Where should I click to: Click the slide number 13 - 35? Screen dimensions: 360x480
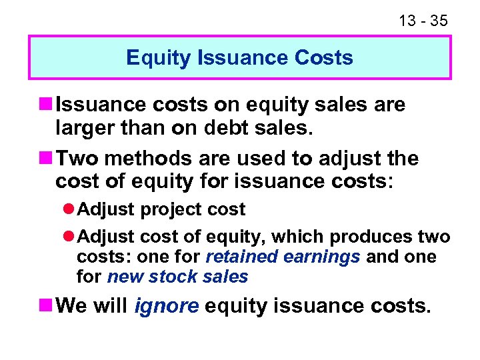click(423, 21)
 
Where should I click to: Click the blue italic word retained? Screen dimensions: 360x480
click(239, 257)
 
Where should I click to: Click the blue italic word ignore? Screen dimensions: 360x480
click(166, 306)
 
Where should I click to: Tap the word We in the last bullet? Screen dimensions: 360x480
click(73, 306)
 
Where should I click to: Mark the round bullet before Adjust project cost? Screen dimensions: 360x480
click(70, 209)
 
